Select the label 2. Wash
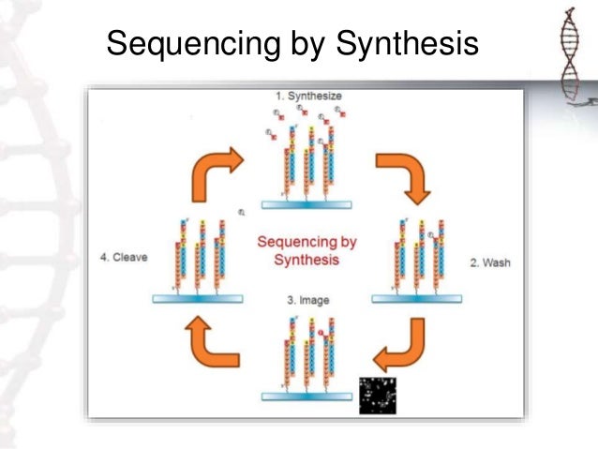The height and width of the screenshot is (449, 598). pyautogui.click(x=490, y=263)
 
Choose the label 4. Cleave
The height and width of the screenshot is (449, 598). pyautogui.click(x=124, y=256)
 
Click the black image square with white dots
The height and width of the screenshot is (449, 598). pyautogui.click(x=379, y=395)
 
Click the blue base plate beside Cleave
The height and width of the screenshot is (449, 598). pyautogui.click(x=197, y=297)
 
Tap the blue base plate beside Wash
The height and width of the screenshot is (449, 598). pyautogui.click(x=418, y=298)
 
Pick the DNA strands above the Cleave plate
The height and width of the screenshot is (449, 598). pyautogui.click(x=198, y=253)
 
